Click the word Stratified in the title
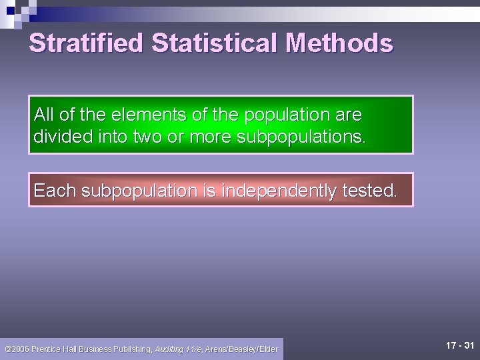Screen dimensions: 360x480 click(x=86, y=43)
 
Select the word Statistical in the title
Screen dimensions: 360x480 click(x=215, y=43)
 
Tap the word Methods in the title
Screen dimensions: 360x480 click(x=339, y=43)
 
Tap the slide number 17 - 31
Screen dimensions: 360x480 click(x=460, y=345)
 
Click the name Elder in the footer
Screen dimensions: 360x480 click(x=268, y=349)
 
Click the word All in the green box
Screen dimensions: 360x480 click(x=44, y=115)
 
